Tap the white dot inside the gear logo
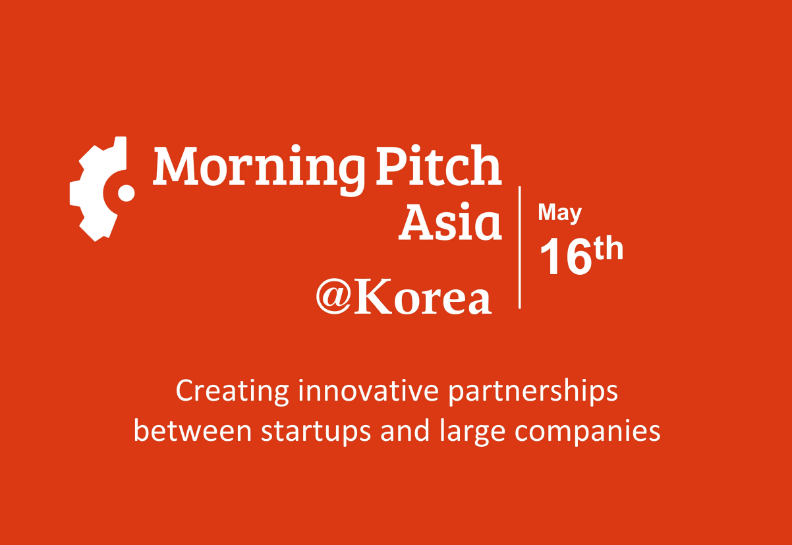tap(126, 193)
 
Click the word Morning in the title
tap(259, 169)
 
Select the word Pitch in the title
tap(438, 165)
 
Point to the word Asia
tap(450, 221)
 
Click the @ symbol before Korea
tap(335, 296)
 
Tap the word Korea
tap(423, 297)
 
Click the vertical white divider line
tap(519, 247)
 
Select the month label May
tap(559, 214)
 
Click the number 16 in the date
tap(565, 256)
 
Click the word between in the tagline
tap(192, 431)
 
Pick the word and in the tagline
tap(405, 431)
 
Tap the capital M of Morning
tap(175, 165)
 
